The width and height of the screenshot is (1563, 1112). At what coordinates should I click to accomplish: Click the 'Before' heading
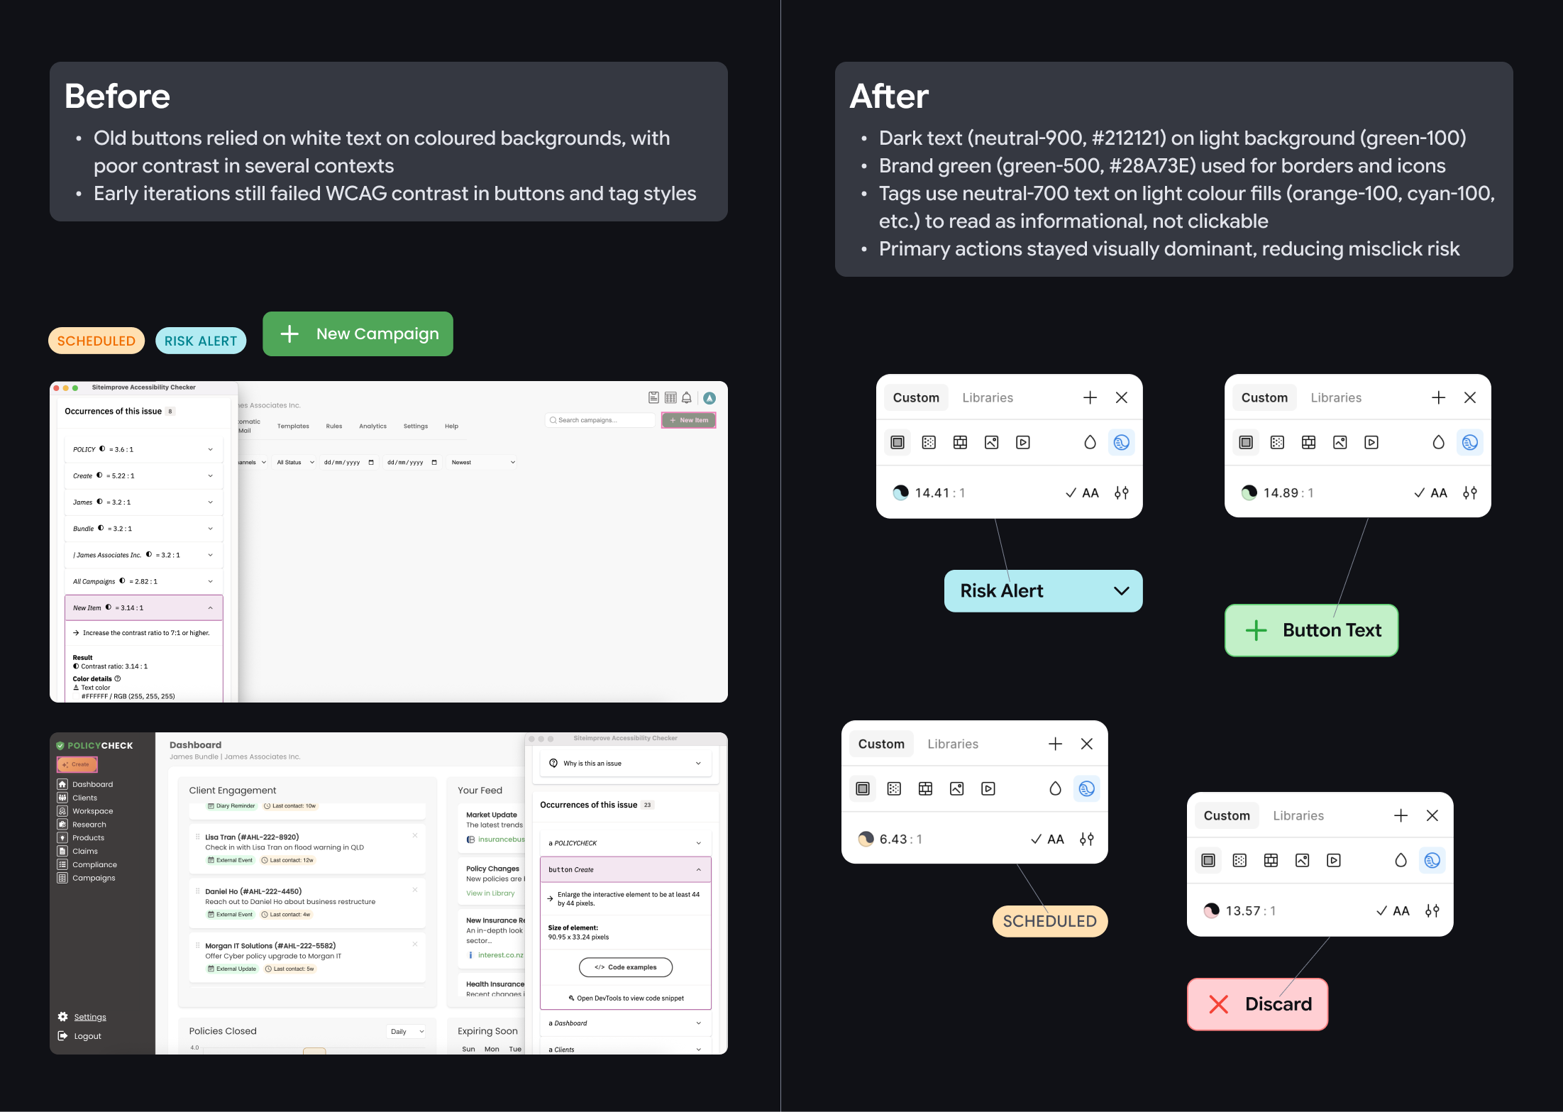[117, 97]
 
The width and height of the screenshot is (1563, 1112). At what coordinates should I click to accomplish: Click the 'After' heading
[889, 97]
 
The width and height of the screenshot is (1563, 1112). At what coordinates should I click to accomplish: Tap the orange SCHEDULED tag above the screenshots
[96, 341]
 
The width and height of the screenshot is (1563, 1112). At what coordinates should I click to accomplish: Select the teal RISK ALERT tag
[201, 341]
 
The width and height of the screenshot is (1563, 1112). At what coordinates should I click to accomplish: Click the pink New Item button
[688, 420]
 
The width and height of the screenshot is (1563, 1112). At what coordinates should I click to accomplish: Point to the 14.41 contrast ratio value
[932, 492]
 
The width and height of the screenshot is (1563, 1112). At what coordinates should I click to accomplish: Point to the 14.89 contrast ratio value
[1280, 492]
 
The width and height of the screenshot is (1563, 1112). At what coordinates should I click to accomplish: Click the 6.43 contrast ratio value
[893, 839]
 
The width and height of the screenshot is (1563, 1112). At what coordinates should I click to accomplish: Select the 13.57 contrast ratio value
[1242, 910]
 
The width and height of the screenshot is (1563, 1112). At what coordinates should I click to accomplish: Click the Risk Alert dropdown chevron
[1121, 590]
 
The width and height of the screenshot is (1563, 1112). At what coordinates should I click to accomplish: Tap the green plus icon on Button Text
[1256, 630]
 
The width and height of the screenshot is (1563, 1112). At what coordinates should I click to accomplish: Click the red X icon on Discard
[1218, 1004]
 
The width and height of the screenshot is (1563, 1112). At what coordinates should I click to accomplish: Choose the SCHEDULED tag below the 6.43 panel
[1049, 921]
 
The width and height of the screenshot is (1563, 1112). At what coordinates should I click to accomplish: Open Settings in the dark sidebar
[89, 1017]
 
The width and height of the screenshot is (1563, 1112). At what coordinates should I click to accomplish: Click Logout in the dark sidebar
[87, 1036]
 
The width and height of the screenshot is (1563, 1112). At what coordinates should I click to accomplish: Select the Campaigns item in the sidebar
[93, 878]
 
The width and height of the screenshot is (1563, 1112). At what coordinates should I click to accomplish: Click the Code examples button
[625, 967]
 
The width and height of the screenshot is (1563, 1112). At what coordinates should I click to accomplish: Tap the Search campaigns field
[600, 420]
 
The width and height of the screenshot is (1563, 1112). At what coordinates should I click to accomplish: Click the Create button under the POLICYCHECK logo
[77, 764]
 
